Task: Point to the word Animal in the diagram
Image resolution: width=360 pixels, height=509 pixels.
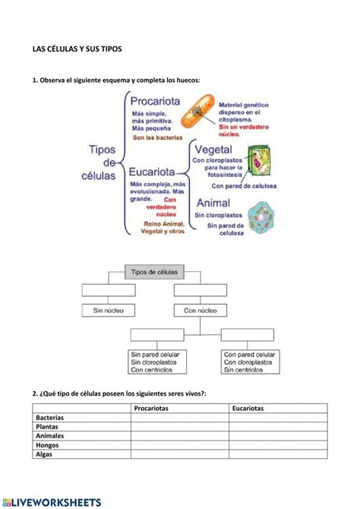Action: pos(219,204)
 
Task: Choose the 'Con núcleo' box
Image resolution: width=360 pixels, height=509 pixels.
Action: pos(200,310)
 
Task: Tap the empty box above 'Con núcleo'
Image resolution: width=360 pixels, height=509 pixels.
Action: pos(200,289)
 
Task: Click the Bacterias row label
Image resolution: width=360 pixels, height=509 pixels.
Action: pos(49,418)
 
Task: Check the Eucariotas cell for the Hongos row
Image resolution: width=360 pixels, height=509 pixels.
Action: pos(278,445)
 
